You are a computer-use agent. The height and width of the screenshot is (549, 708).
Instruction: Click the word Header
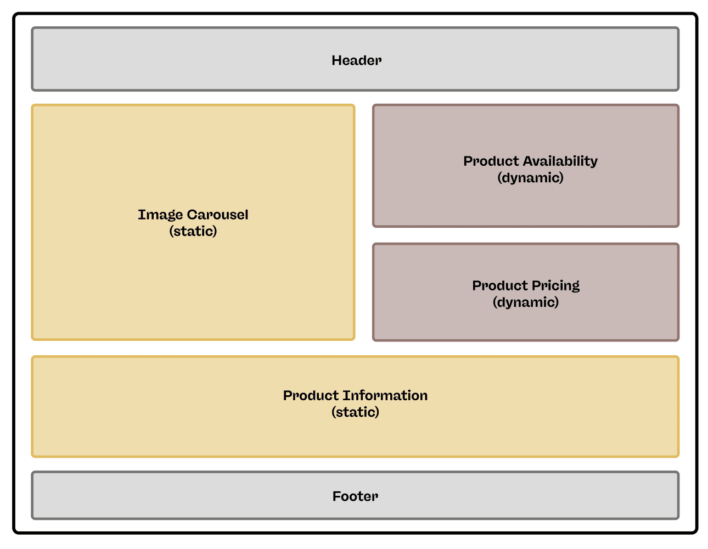click(x=356, y=60)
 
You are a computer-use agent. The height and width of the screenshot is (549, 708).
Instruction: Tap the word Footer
click(x=355, y=496)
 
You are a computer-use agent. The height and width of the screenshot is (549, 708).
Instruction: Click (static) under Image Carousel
click(x=193, y=231)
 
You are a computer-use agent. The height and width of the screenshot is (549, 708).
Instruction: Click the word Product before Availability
click(x=491, y=161)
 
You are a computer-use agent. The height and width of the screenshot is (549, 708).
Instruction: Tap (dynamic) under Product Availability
click(x=530, y=178)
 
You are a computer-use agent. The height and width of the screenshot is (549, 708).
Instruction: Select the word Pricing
click(x=555, y=285)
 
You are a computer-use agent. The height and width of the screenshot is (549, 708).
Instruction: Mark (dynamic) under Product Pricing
click(x=526, y=302)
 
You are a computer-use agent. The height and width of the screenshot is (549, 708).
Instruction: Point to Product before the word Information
click(x=311, y=395)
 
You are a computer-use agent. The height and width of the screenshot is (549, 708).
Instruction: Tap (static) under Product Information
click(x=355, y=412)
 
